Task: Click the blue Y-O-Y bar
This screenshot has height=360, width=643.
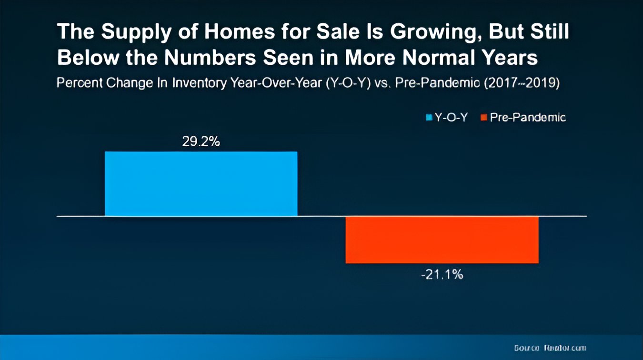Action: coord(201,184)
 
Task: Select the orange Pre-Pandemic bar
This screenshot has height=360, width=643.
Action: coord(442,240)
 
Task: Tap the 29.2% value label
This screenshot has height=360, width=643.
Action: coord(201,142)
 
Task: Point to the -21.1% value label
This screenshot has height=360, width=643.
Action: coord(442,275)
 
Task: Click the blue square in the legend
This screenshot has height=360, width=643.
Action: coord(429,117)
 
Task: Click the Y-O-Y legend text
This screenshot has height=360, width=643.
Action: coord(451,117)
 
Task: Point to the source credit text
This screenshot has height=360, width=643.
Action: coord(550,348)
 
